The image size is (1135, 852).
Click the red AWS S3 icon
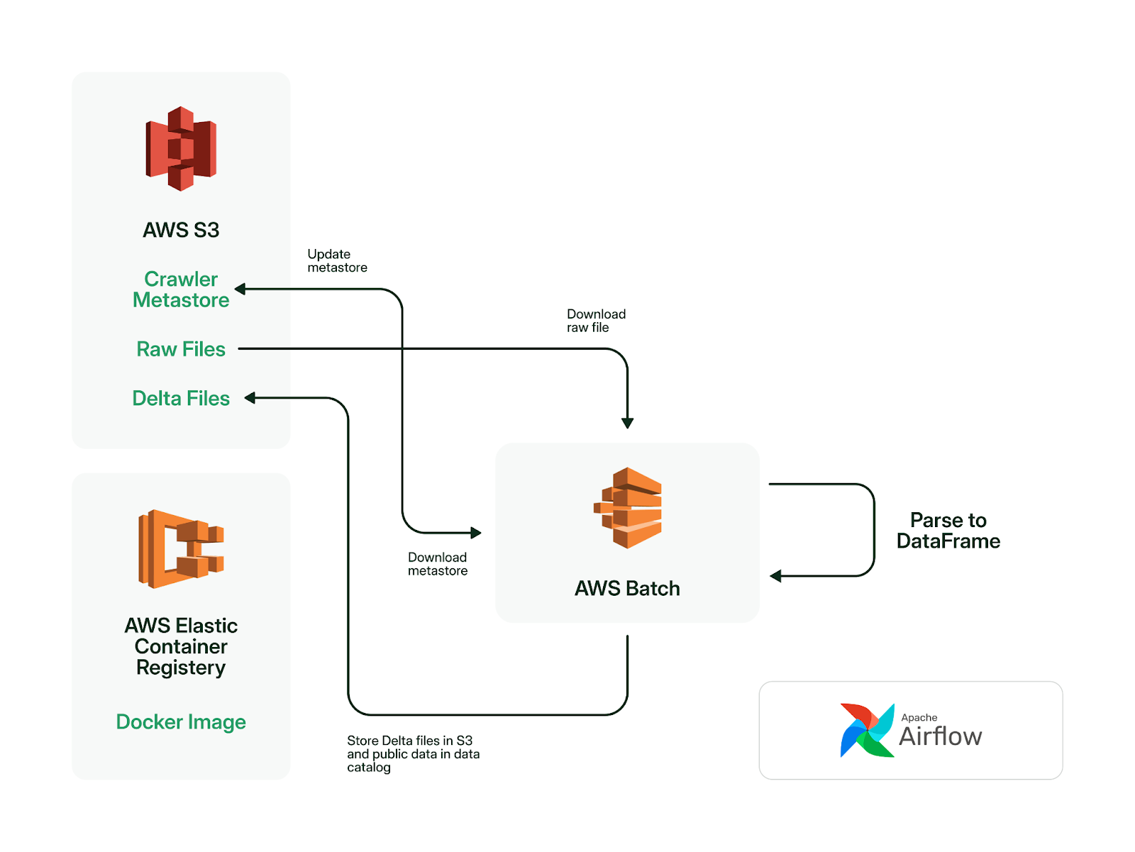180,148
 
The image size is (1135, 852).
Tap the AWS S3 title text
180,230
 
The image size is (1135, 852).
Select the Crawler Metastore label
180,289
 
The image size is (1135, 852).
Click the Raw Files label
180,349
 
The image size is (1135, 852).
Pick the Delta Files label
180,398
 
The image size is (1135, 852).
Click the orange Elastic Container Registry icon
180,549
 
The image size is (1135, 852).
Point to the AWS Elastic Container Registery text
180,646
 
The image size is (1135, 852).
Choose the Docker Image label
180,721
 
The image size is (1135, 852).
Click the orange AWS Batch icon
627,508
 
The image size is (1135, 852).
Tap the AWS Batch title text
627,588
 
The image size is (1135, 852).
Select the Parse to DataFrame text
948,531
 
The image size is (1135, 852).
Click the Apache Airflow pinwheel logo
867,730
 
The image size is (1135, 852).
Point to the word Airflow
940,736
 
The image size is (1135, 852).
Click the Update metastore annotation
337,260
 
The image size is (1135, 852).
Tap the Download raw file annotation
596,321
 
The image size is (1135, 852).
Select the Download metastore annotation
438,564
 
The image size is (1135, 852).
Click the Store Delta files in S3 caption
413,754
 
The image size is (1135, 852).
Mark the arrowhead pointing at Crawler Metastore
240,289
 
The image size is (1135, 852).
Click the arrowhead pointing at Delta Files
250,398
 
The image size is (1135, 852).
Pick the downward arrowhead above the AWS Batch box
627,424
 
